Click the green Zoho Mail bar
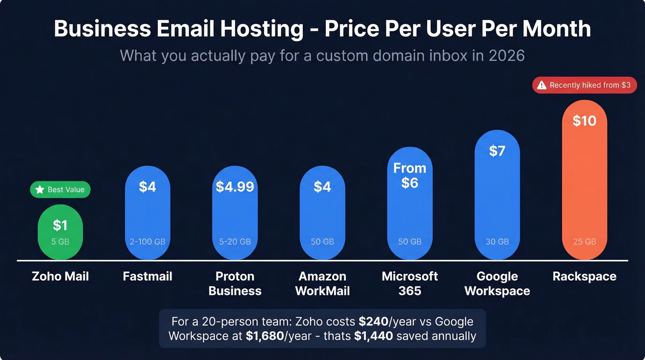(60, 232)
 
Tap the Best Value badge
(60, 189)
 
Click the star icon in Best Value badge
(40, 189)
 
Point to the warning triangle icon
(542, 85)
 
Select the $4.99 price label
(235, 187)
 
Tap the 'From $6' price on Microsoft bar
(410, 176)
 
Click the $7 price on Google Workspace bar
(497, 151)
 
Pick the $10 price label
(584, 121)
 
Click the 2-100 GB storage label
(147, 242)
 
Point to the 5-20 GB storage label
(235, 242)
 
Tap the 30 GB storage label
(497, 242)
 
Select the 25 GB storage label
(584, 242)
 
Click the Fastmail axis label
(147, 277)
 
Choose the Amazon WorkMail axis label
(322, 283)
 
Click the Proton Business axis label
(235, 283)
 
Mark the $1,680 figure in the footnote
(265, 336)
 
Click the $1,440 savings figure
(373, 336)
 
